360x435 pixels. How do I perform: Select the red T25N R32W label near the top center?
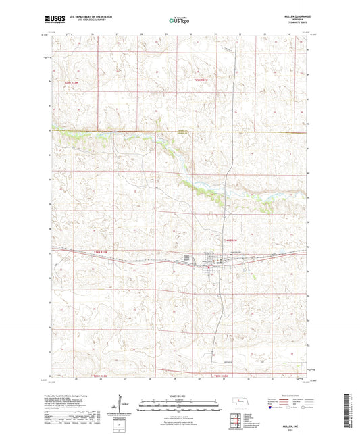coord(203,80)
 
